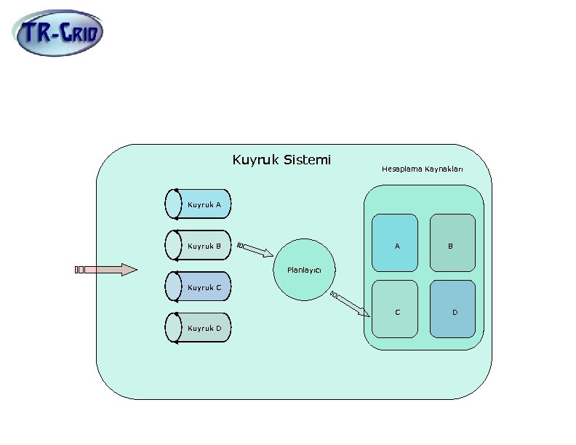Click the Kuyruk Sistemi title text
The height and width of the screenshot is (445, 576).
(x=281, y=159)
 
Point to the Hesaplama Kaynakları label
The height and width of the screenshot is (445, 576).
(x=422, y=169)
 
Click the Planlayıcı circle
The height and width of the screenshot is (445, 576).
(x=304, y=269)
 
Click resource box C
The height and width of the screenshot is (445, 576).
(x=395, y=308)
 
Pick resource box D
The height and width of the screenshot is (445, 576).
(x=452, y=308)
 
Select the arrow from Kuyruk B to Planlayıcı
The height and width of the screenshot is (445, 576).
(x=256, y=249)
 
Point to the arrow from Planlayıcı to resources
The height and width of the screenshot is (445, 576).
(x=350, y=303)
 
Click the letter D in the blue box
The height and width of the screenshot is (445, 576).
(x=455, y=313)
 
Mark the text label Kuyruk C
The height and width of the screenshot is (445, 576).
(x=204, y=288)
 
